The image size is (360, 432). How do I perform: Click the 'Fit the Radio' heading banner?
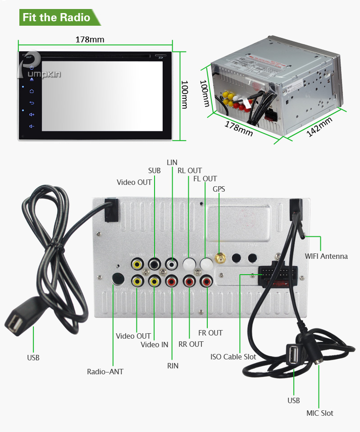56,18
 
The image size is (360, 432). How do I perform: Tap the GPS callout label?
219,189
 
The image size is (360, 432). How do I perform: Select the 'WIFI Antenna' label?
326,256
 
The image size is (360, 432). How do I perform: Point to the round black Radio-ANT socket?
118,279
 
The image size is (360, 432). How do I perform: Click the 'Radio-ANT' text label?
105,372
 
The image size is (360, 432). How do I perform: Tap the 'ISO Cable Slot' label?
233,357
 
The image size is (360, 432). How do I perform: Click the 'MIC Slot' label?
319,413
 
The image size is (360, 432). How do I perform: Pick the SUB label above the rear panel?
154,170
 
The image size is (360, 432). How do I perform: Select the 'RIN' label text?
173,366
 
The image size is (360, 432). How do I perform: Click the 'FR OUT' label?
210,333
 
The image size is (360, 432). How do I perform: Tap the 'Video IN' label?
154,345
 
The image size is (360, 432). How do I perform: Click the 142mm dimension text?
320,128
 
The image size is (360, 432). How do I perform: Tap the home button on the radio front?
32,91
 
